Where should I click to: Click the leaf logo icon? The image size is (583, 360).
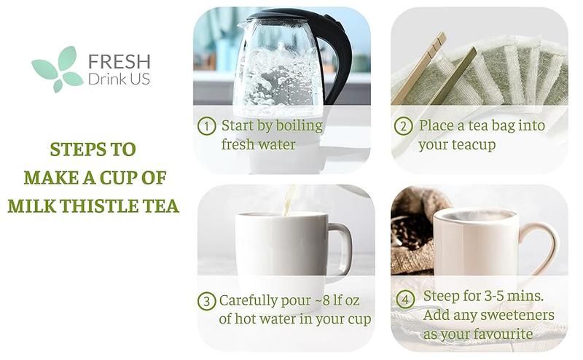click(x=58, y=69)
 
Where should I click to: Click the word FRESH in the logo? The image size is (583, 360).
click(x=119, y=61)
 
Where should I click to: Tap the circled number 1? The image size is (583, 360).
click(x=207, y=126)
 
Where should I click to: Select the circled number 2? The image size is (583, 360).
click(x=403, y=126)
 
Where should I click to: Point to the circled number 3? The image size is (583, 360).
click(x=206, y=300)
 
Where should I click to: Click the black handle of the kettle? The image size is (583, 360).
click(x=339, y=58)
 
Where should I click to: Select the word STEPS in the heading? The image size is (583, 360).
click(x=72, y=149)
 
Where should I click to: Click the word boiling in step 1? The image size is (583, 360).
click(x=298, y=126)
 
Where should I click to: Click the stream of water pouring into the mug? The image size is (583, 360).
click(x=289, y=200)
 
